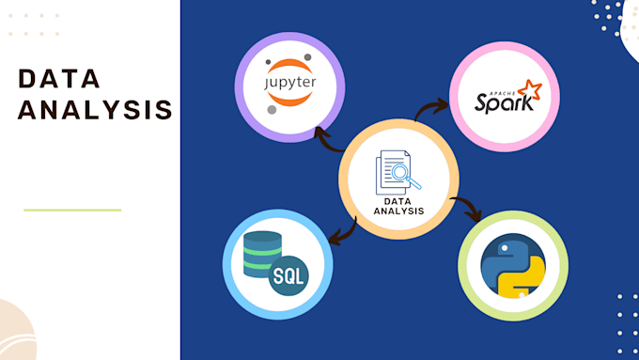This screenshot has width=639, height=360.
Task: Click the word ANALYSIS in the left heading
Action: (95, 109)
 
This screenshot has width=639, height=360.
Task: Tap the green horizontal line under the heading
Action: (72, 210)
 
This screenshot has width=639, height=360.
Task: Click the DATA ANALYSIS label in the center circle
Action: (398, 205)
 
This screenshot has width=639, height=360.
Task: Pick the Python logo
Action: (512, 267)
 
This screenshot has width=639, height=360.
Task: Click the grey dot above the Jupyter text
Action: (273, 58)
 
